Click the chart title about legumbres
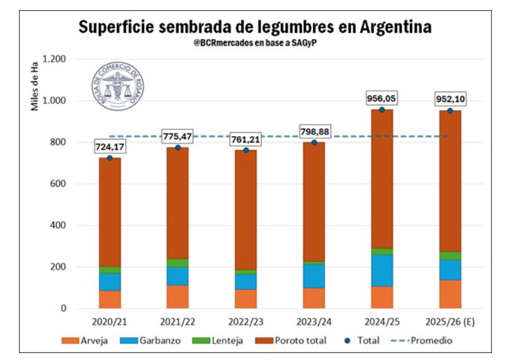pyautogui.click(x=255, y=28)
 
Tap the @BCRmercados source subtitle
pyautogui.click(x=254, y=44)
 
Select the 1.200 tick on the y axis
pyautogui.click(x=53, y=59)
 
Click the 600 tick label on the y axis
pyautogui.click(x=58, y=184)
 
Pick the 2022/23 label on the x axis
pyautogui.click(x=247, y=322)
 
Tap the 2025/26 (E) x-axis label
pyautogui.click(x=450, y=322)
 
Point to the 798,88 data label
pyautogui.click(x=314, y=132)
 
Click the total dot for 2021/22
pyautogui.click(x=178, y=148)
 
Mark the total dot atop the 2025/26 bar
pyautogui.click(x=450, y=111)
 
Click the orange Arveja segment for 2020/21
pyautogui.click(x=110, y=299)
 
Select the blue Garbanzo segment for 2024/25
pyautogui.click(x=382, y=270)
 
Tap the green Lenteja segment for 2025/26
pyautogui.click(x=450, y=255)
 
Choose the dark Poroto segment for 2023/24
pyautogui.click(x=314, y=202)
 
